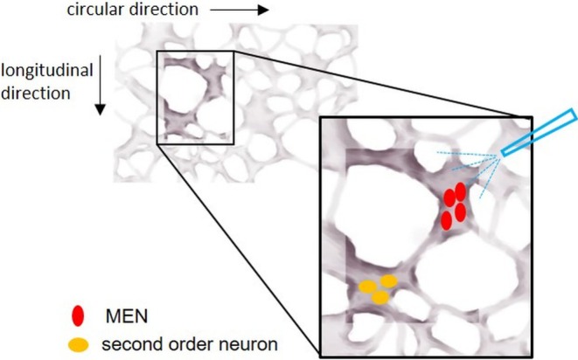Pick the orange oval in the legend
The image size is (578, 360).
click(79, 344)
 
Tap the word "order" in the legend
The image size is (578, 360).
click(187, 344)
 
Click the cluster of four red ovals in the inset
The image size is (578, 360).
click(453, 204)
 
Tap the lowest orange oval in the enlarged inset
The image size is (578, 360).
click(380, 298)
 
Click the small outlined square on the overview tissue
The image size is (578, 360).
click(195, 96)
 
